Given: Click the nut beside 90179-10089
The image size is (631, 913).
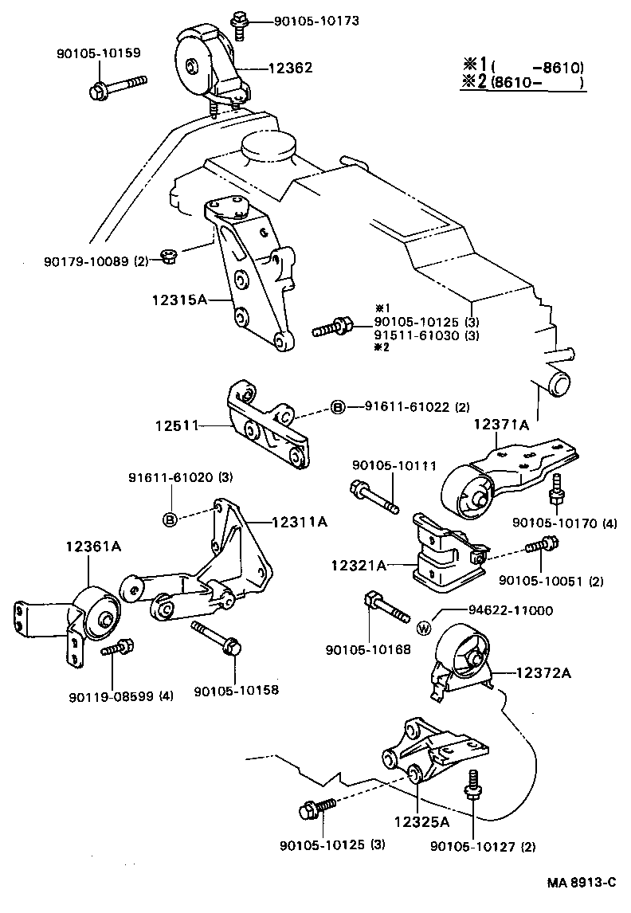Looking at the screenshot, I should tap(168, 256).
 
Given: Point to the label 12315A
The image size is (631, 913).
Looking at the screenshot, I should tap(179, 300).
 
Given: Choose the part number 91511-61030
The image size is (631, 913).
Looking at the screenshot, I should tap(417, 335).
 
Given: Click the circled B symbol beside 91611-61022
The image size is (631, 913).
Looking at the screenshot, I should tap(338, 408).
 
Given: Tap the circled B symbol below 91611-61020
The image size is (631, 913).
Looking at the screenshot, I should tap(170, 520).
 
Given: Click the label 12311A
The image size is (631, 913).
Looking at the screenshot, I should tap(299, 522).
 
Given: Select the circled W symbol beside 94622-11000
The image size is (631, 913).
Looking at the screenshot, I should tap(423, 627).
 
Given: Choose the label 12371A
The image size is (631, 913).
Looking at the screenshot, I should tap(502, 425).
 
